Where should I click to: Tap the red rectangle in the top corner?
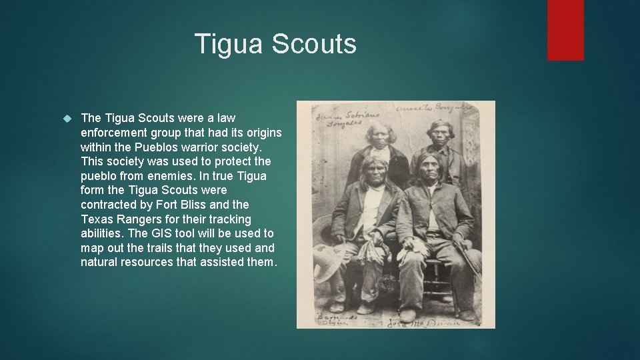(x=565, y=29)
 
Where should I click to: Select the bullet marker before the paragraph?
(x=67, y=118)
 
